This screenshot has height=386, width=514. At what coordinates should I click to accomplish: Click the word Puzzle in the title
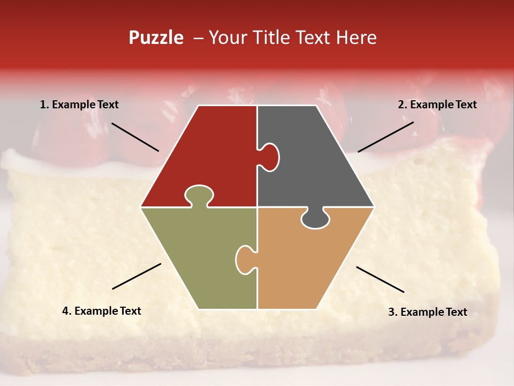(156, 38)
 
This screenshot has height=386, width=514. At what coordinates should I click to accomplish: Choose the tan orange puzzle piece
(305, 263)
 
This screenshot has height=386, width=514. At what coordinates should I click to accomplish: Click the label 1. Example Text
(79, 105)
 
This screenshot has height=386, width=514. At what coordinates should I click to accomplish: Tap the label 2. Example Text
(437, 105)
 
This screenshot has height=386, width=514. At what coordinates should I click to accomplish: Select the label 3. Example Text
(427, 312)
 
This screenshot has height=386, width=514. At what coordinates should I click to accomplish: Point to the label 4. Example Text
(101, 311)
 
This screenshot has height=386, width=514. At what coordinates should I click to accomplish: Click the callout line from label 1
(135, 137)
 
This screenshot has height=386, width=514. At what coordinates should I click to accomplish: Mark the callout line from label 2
(385, 137)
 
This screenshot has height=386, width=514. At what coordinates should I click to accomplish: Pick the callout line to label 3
(380, 279)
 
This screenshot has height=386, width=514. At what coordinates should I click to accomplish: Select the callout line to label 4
(137, 276)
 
